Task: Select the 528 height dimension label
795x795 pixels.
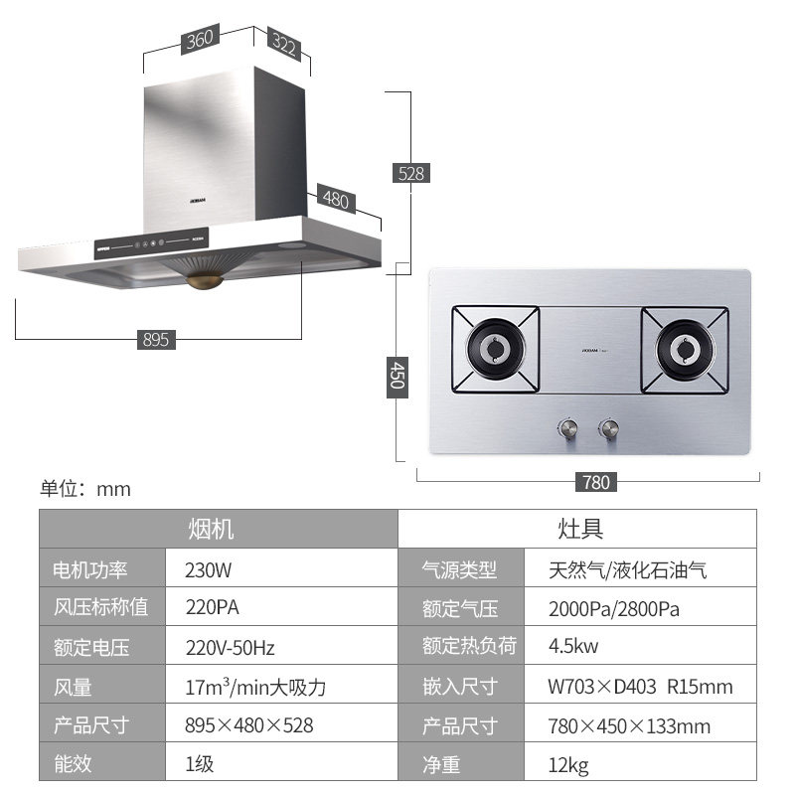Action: pyautogui.click(x=410, y=173)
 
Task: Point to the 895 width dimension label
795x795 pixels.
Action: pyautogui.click(x=156, y=340)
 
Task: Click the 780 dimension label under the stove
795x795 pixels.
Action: pyautogui.click(x=595, y=482)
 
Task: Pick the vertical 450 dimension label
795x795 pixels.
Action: pyautogui.click(x=396, y=377)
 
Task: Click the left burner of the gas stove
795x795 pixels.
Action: pyautogui.click(x=496, y=350)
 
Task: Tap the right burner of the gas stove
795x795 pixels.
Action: pyautogui.click(x=686, y=350)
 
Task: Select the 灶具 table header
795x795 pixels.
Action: pyautogui.click(x=579, y=528)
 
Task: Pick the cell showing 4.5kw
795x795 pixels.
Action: pyautogui.click(x=573, y=647)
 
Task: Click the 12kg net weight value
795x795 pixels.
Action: pyautogui.click(x=568, y=764)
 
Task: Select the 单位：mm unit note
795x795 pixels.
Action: pyautogui.click(x=85, y=489)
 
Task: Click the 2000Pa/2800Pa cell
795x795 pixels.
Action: pyautogui.click(x=613, y=608)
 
